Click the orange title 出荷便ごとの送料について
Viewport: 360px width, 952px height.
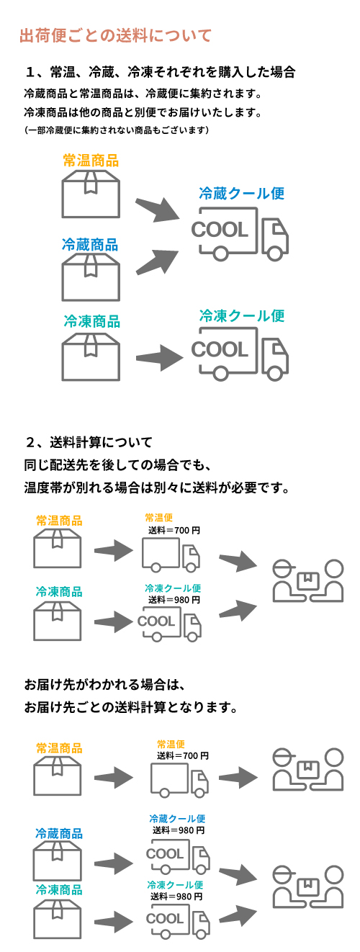[x=116, y=36]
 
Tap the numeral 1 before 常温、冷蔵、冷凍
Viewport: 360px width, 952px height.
[x=30, y=72]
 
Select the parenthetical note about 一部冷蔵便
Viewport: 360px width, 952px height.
[x=117, y=130]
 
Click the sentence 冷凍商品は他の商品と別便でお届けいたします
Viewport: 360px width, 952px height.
[x=143, y=112]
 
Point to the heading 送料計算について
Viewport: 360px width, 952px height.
[x=101, y=442]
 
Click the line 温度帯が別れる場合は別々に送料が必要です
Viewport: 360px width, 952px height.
[x=157, y=488]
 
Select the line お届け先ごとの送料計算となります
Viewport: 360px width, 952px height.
[x=130, y=707]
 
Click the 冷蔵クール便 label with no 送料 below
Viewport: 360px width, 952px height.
[x=242, y=194]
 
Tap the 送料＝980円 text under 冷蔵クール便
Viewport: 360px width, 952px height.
[x=179, y=830]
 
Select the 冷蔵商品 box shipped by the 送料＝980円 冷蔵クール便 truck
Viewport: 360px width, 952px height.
[x=58, y=861]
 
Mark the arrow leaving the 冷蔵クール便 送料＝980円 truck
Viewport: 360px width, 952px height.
[x=238, y=875]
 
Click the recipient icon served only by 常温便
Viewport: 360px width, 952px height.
[x=307, y=769]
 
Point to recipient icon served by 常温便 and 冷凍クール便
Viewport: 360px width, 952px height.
[x=307, y=580]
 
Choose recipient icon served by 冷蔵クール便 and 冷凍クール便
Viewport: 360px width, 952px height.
[x=307, y=886]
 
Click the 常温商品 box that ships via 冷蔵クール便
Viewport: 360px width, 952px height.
[x=91, y=194]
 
